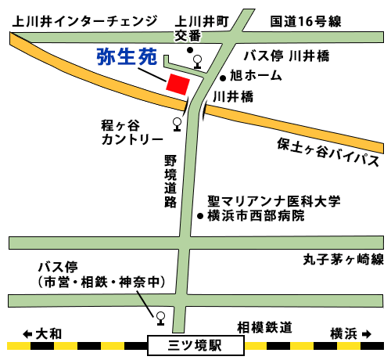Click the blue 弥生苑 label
tap(127, 56)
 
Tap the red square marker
tap(178, 84)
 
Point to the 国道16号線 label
tap(306, 21)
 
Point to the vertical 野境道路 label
tap(170, 180)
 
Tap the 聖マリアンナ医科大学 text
tap(274, 201)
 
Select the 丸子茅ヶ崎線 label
tap(343, 259)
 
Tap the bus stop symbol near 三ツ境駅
tap(160, 317)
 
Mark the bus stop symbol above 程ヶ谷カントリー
tap(178, 123)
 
